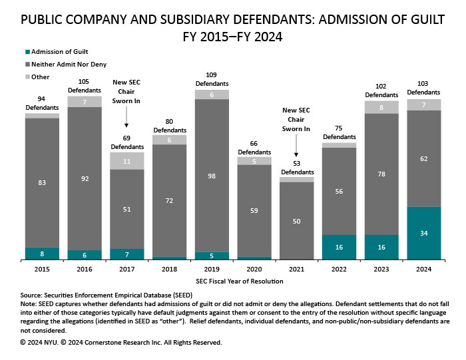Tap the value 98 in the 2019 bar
211,175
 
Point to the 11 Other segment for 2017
126,161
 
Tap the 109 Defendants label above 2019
211,79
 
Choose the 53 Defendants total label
296,168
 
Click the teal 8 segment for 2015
42,253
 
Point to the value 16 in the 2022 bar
338,247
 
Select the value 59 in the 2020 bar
254,210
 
